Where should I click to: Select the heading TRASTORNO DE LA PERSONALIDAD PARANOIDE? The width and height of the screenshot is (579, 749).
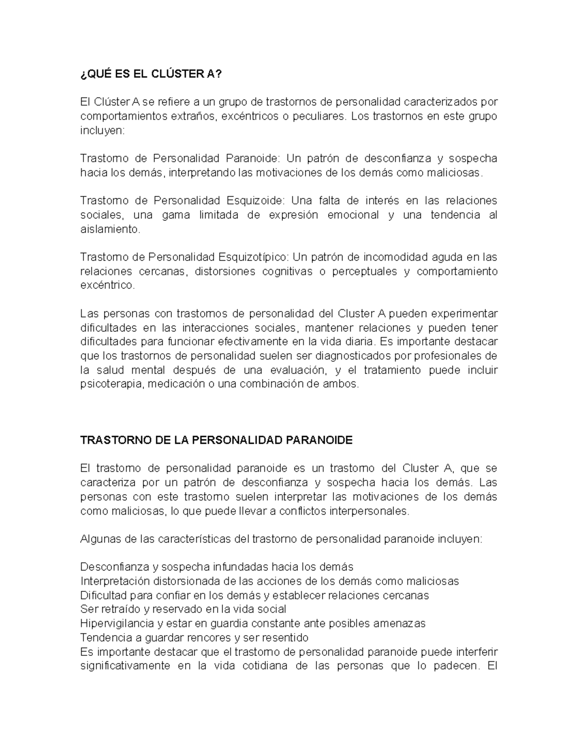[x=216, y=440]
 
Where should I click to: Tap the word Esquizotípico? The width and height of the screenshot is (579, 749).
[x=255, y=257]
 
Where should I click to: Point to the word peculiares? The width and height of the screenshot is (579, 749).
[x=320, y=116]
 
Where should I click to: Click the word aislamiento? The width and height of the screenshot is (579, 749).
[x=110, y=229]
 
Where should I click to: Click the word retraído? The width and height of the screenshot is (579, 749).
[x=121, y=609]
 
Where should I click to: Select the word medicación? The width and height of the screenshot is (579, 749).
[x=176, y=384]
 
